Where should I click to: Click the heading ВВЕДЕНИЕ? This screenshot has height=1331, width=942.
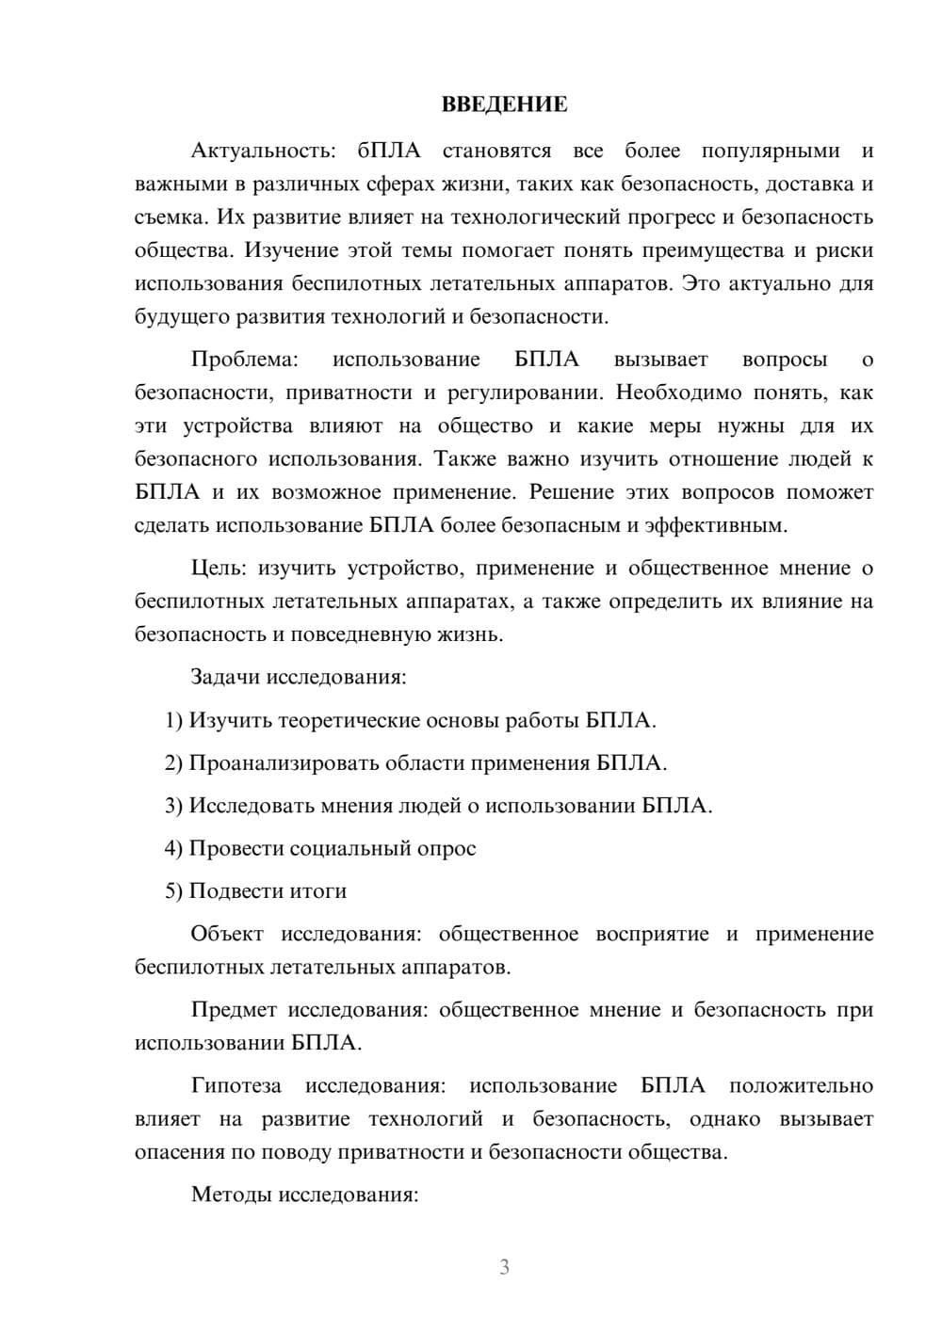[504, 104]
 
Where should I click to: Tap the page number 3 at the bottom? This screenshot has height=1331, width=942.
[504, 1267]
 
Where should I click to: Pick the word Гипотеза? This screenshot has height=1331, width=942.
[235, 1085]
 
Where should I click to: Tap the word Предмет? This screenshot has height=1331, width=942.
[234, 1010]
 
